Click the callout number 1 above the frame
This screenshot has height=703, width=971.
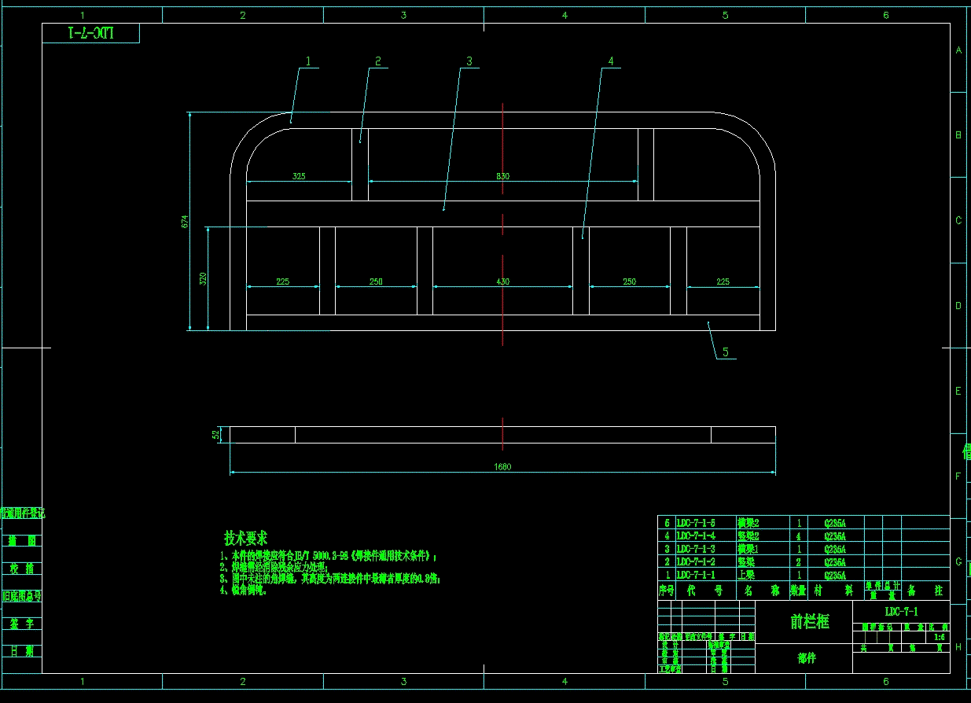pos(308,61)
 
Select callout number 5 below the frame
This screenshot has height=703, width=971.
pos(726,352)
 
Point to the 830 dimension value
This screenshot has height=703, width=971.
pos(502,176)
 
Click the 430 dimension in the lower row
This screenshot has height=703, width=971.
pos(502,282)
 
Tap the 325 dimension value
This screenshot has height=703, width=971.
pos(299,176)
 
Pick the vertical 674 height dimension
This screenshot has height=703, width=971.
pos(185,222)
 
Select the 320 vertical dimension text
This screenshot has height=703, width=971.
pos(202,278)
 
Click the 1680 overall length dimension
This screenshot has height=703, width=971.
pos(502,467)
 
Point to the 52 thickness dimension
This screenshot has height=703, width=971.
pos(215,434)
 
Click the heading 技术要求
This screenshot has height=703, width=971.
pos(245,539)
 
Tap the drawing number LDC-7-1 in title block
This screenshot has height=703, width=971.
pos(901,611)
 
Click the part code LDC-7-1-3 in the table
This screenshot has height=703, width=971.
pos(696,549)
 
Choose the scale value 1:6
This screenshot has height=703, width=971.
pos(939,637)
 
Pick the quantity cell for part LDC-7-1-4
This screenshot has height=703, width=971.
pos(798,536)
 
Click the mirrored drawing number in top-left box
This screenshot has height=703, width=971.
pos(91,33)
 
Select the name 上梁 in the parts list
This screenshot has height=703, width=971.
pos(747,576)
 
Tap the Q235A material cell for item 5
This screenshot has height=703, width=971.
pos(835,522)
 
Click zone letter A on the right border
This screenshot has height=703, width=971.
pos(958,50)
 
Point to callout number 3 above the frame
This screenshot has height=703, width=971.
pos(469,61)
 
